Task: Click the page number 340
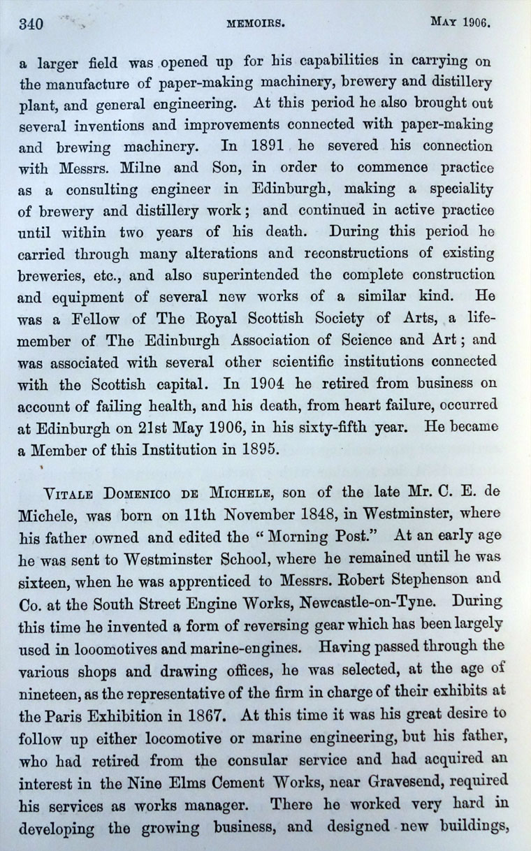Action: tap(31, 24)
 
